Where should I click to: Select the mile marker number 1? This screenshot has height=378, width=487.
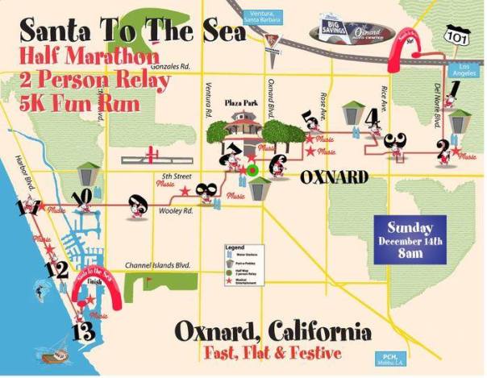pyautogui.click(x=455, y=89)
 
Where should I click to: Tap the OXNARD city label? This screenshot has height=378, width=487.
pyautogui.click(x=334, y=177)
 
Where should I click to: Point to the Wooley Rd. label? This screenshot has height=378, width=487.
pyautogui.click(x=177, y=212)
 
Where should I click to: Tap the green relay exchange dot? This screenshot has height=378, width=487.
pyautogui.click(x=252, y=171)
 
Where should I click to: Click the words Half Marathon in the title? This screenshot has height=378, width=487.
pyautogui.click(x=89, y=59)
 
